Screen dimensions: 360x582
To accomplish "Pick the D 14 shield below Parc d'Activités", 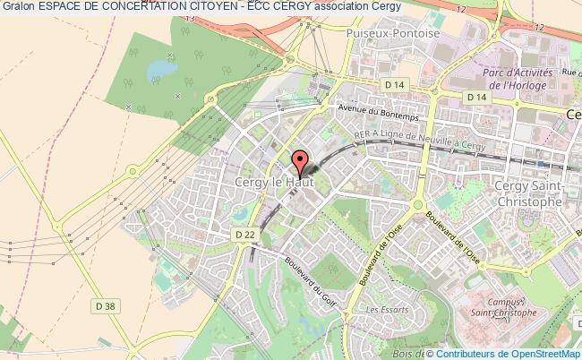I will [475, 96].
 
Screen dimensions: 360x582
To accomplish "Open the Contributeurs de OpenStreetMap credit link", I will [521, 353].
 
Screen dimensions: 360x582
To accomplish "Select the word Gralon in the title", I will [19, 6].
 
